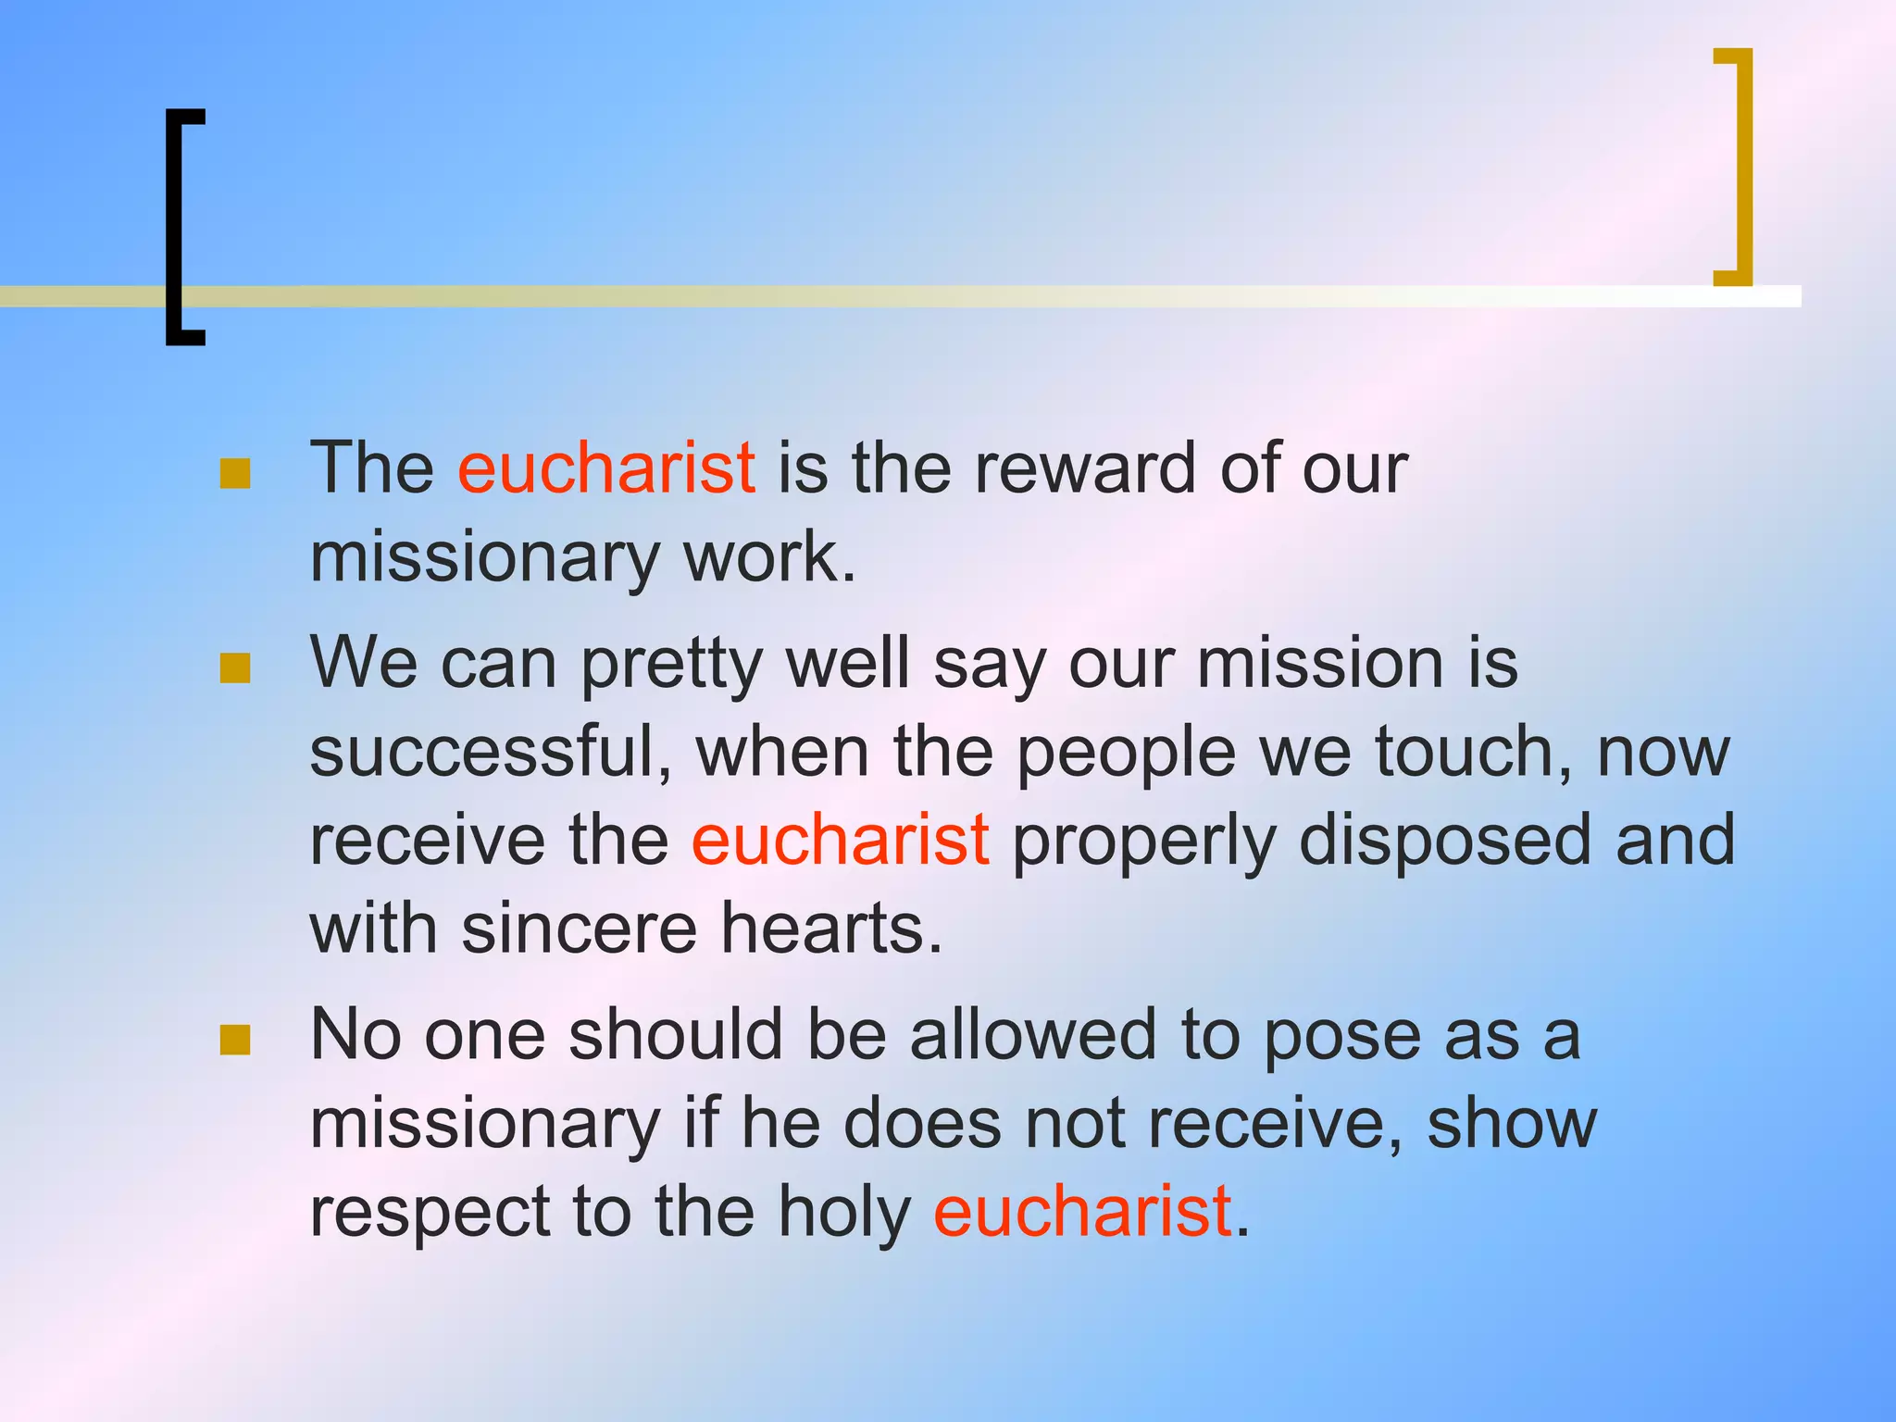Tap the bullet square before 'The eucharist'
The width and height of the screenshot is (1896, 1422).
[x=235, y=473]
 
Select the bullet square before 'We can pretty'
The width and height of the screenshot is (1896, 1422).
[x=235, y=667]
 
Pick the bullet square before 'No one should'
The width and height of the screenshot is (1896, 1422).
[x=235, y=1040]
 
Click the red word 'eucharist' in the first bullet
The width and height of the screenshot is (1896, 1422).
[x=606, y=468]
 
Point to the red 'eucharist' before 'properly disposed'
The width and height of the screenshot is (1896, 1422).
[x=841, y=840]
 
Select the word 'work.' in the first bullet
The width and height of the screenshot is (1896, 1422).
[x=769, y=557]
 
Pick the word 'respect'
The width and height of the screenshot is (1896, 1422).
[x=430, y=1213]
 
